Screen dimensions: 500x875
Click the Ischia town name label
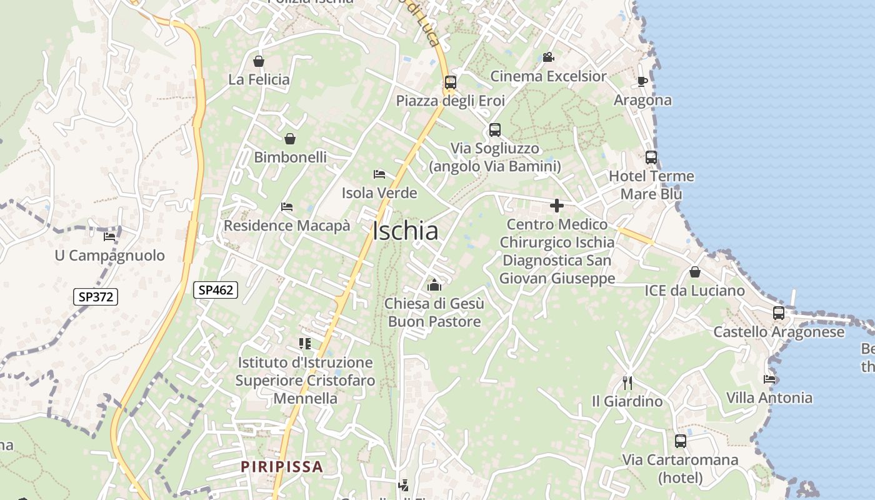click(x=405, y=231)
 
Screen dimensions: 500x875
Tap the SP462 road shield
click(x=216, y=289)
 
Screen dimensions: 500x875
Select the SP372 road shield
click(x=96, y=296)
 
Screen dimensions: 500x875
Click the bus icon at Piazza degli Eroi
click(x=450, y=82)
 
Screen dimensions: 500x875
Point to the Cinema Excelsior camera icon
click(x=548, y=57)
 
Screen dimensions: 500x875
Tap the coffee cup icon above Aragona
click(x=642, y=81)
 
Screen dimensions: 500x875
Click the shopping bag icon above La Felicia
click(x=259, y=61)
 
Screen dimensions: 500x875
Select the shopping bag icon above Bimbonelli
click(x=290, y=139)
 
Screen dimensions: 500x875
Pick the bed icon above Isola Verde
click(x=379, y=174)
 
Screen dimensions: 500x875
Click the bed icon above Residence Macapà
click(x=287, y=206)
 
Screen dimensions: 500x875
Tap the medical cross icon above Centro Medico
click(x=556, y=206)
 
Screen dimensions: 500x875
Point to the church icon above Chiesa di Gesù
click(x=434, y=285)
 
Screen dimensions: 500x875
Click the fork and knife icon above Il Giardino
click(x=627, y=382)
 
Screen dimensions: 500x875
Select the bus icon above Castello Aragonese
click(x=778, y=313)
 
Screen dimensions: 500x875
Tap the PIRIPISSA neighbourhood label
click(x=282, y=466)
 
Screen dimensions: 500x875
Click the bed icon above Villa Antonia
click(x=769, y=379)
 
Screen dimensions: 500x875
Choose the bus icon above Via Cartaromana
click(x=681, y=441)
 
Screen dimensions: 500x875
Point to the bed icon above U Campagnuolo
click(x=109, y=236)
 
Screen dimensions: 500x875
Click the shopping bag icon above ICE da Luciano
click(x=694, y=272)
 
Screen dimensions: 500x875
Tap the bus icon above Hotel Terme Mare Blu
click(x=651, y=157)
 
